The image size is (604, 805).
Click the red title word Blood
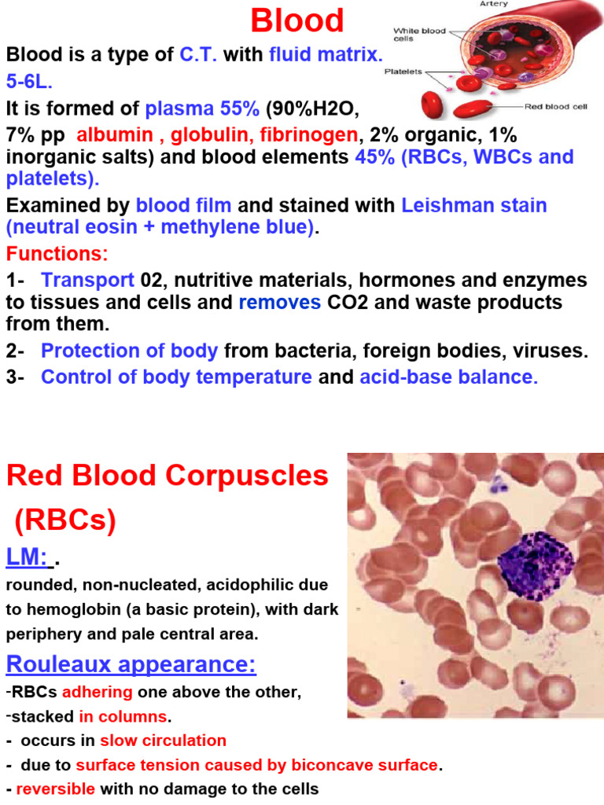coord(297,20)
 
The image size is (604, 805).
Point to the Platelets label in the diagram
coord(403,72)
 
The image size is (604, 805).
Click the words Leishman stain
coord(473,206)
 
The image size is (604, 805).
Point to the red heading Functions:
coord(57,255)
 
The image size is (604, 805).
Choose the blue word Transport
coord(87,280)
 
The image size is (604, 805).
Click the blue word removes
coord(279,303)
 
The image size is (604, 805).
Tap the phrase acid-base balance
coord(448,377)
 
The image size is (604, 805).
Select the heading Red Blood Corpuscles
coord(167,476)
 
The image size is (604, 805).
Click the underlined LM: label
coord(27,557)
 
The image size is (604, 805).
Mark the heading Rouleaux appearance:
coord(131,664)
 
